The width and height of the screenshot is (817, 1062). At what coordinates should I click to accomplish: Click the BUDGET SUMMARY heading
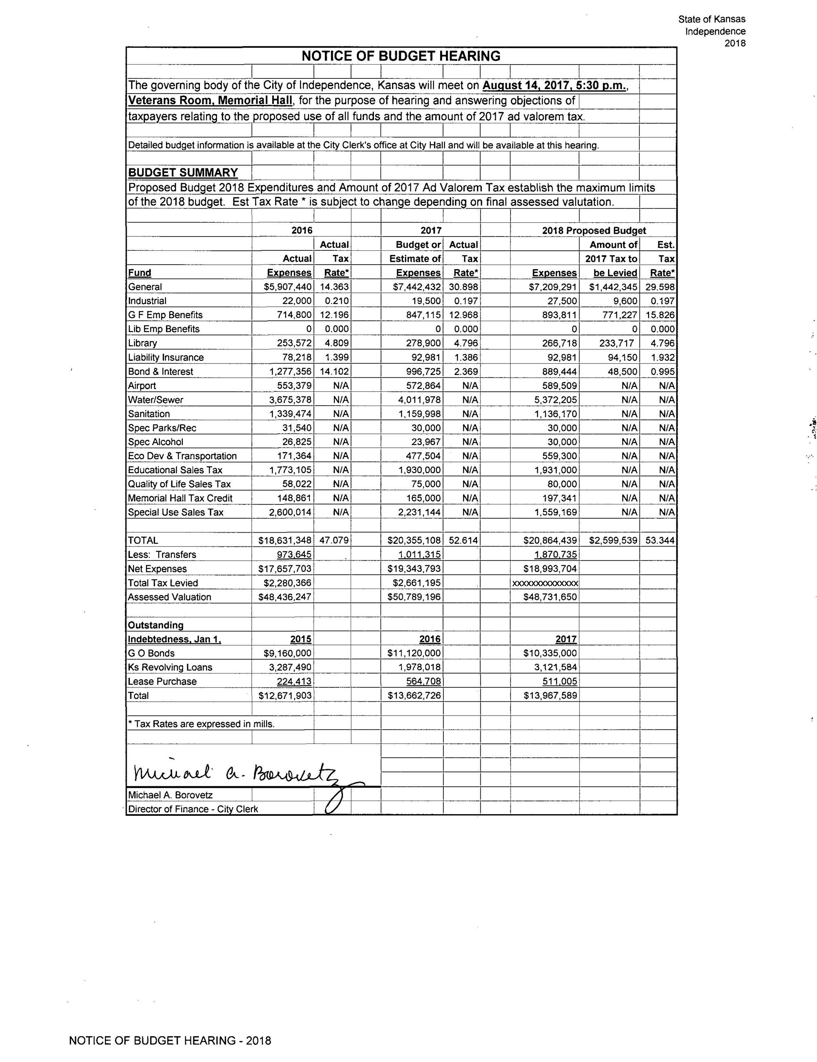182,172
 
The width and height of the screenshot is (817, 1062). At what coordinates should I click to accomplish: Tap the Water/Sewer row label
156,399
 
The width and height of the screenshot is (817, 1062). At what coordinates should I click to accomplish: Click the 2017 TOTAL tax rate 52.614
463,540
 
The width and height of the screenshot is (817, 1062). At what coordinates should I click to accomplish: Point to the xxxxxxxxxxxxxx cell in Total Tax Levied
545,583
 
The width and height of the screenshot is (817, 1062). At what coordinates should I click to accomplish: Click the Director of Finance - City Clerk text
192,809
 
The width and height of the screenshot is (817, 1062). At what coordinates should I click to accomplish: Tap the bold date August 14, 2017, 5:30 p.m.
554,85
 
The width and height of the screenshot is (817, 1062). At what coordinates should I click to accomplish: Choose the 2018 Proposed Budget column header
594,230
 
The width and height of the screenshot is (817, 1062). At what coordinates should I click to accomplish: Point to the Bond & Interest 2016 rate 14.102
334,371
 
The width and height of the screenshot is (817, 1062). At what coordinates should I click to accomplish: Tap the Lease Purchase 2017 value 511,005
559,681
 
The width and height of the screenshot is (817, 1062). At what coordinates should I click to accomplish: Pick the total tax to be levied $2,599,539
613,540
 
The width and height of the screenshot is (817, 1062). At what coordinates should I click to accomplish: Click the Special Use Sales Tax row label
176,512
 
